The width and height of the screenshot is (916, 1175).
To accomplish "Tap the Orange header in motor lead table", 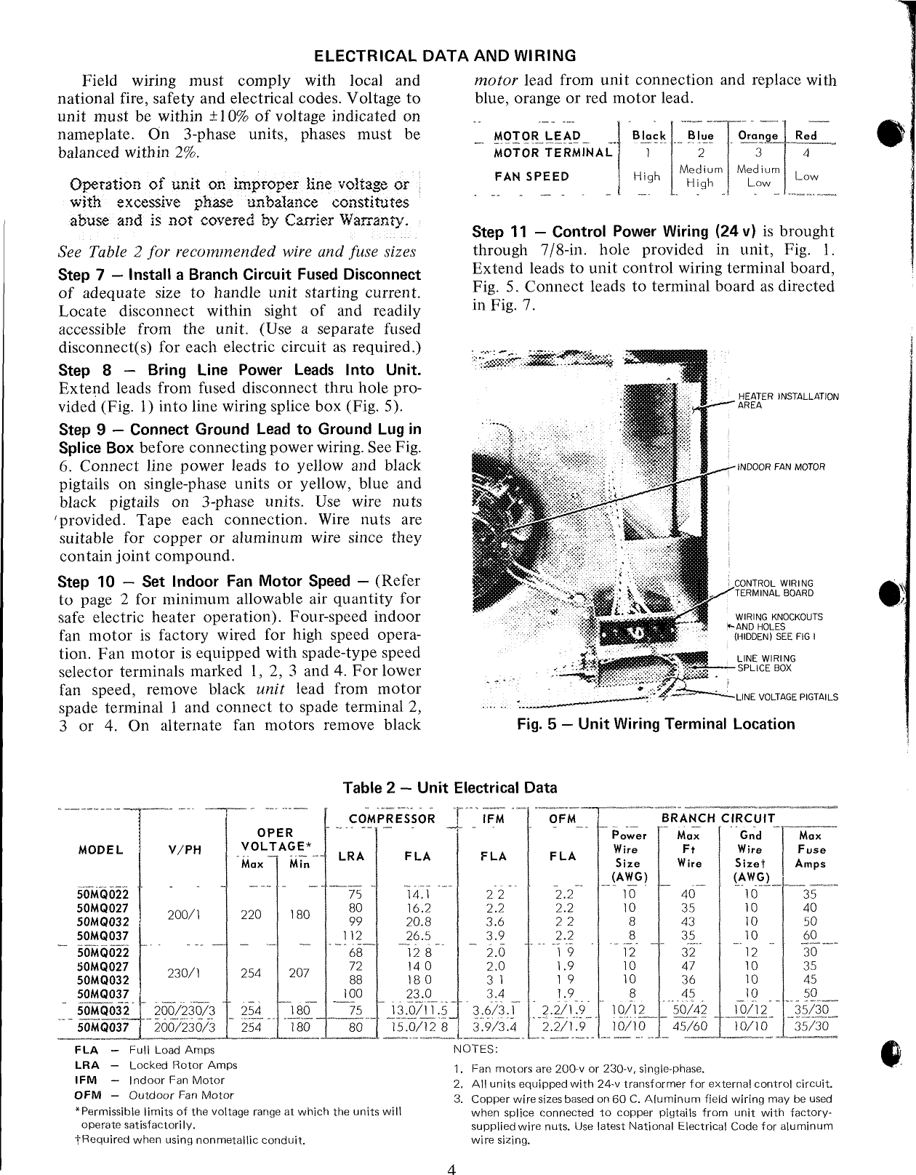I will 758,136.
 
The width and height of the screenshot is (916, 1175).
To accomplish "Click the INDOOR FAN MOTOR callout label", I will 782,466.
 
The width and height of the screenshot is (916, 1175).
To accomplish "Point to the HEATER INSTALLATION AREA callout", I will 788,401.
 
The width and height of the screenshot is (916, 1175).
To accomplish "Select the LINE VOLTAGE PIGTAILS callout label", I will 787,697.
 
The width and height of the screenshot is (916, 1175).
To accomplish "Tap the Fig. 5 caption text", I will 656,724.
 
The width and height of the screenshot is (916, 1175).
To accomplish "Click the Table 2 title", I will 450,787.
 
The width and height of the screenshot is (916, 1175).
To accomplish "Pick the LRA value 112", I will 352,936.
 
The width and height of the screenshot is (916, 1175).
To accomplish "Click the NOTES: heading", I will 475,1048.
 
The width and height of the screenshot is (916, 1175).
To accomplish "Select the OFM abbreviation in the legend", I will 87,1095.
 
